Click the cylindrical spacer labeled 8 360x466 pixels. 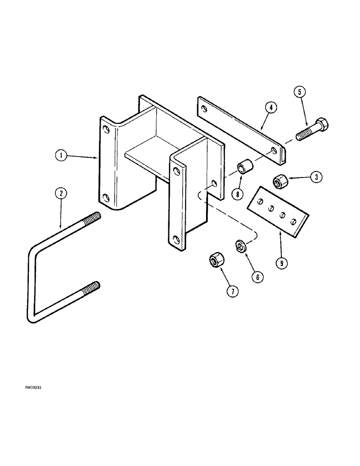246,166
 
